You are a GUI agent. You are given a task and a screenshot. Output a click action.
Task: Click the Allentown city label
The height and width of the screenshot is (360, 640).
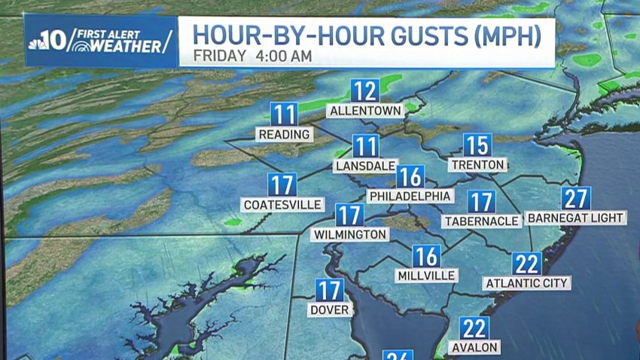click(365, 111)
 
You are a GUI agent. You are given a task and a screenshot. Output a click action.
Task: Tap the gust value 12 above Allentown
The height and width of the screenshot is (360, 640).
click(365, 91)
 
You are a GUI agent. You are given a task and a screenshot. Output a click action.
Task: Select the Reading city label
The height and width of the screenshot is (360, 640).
click(284, 135)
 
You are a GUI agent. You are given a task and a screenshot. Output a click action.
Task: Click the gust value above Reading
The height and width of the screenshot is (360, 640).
click(284, 114)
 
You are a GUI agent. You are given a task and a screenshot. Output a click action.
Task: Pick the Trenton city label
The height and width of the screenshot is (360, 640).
click(477, 164)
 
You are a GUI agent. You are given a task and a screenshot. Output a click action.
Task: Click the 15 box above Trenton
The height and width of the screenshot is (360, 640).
click(477, 145)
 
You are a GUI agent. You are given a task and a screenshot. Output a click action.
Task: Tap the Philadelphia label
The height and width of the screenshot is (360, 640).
click(410, 197)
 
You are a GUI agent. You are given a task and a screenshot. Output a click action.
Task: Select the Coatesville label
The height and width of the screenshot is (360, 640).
click(283, 205)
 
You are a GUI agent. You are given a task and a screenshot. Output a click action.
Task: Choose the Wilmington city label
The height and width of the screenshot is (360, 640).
click(349, 235)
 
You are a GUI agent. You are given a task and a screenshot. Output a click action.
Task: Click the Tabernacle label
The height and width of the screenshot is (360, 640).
click(481, 221)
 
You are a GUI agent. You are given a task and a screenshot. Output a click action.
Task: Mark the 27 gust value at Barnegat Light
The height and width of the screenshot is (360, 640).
click(576, 198)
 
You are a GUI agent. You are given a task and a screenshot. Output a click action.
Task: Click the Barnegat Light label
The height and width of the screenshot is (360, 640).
click(576, 218)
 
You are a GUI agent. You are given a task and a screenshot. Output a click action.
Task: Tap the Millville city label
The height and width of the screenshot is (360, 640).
click(426, 276)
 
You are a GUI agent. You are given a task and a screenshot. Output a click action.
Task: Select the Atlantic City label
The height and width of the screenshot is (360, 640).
click(526, 283)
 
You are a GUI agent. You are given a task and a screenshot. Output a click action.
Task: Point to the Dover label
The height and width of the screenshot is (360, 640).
click(329, 310)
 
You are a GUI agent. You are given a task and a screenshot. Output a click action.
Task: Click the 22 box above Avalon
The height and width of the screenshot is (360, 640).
click(474, 328)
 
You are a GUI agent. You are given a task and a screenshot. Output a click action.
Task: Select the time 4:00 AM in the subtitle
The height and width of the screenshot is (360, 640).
click(285, 56)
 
